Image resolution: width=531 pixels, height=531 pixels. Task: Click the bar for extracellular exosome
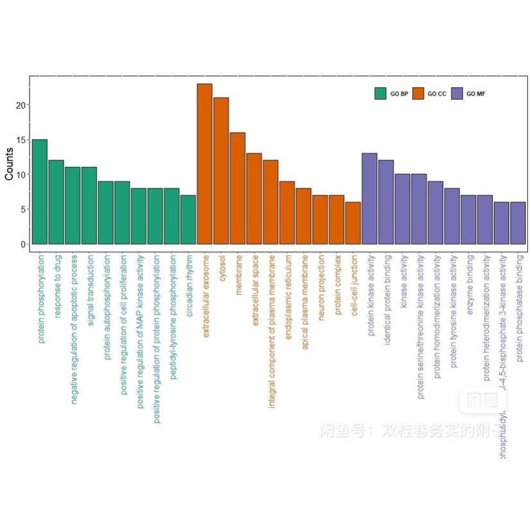204,164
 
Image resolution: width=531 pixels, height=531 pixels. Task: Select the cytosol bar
221,171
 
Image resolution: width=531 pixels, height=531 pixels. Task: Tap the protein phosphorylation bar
40,191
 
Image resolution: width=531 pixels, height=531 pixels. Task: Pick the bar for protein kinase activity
369,198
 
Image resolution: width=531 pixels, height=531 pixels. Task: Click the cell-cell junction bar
353,223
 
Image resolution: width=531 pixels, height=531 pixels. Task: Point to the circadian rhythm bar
188,220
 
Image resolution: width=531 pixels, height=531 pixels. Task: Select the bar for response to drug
56,202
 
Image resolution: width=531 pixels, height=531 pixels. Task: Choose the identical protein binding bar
386,202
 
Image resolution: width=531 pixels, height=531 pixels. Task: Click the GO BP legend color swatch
380,94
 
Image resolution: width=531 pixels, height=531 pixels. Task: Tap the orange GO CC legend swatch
418,94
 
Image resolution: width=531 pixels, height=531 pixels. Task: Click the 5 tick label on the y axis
22,209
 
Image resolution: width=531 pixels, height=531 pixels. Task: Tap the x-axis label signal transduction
91,290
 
